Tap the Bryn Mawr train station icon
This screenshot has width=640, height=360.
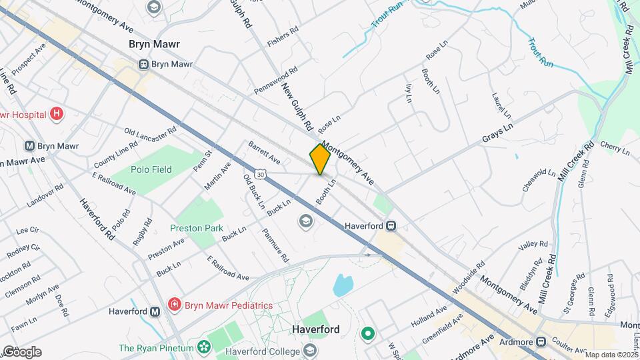point(143,64)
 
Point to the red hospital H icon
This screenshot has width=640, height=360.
point(57,114)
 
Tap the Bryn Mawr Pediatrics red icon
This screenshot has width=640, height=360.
point(175,305)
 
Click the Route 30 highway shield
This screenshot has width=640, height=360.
point(259,175)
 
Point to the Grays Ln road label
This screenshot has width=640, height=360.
point(498,132)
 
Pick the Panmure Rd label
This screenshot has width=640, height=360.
point(275,245)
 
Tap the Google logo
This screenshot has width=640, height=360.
point(21,352)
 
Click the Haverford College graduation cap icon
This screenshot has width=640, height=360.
point(310,349)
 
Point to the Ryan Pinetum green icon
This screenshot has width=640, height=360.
point(204,347)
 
